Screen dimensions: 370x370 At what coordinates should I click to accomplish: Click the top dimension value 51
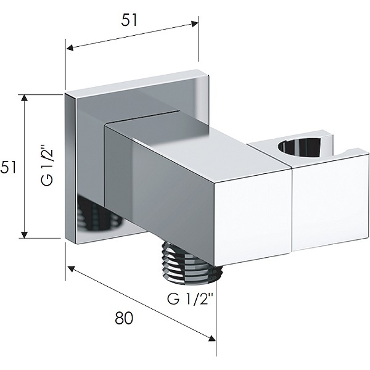(x=129, y=20)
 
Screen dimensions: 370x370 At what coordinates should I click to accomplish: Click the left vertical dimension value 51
(x=8, y=167)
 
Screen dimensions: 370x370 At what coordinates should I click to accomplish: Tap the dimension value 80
(x=124, y=318)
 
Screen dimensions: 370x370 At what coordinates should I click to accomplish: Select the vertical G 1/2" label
(x=47, y=167)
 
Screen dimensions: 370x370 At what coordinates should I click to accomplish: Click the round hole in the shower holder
(x=299, y=148)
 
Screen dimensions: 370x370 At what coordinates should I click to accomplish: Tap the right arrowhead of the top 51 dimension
(x=194, y=24)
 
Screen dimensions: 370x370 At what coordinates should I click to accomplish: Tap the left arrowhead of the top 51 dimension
(x=70, y=48)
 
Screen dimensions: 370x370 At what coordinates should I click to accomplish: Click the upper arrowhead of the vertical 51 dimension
(x=24, y=98)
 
